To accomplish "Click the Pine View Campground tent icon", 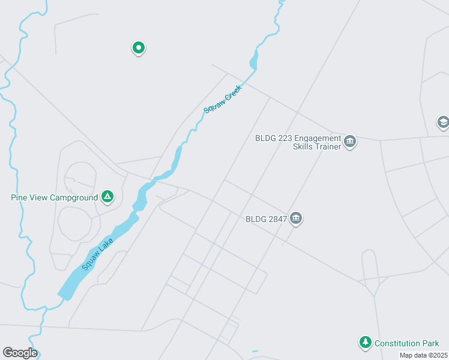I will pos(107,196).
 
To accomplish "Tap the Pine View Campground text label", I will pos(54,197).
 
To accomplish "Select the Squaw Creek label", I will pos(222,100).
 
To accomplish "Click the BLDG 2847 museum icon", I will pos(295,218).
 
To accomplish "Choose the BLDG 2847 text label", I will pos(266,219).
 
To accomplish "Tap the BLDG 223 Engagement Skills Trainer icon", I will pos(350,142).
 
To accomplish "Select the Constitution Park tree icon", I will pos(365,342).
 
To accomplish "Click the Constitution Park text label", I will pos(407,343).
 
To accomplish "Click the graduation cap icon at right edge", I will pos(443,123).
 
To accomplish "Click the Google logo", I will pos(20,353).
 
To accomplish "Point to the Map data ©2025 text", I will pos(423,355).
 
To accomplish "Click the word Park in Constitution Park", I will pos(430,343).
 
